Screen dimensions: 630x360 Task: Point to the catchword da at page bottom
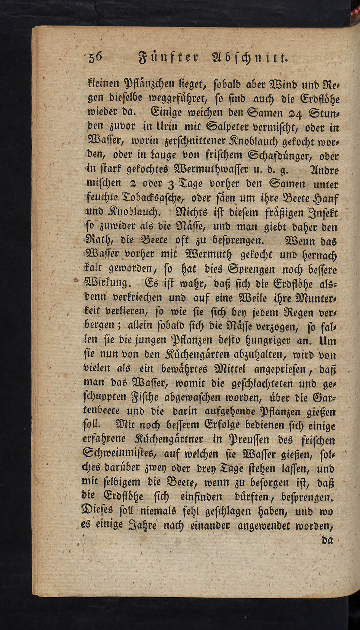click(x=327, y=540)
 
